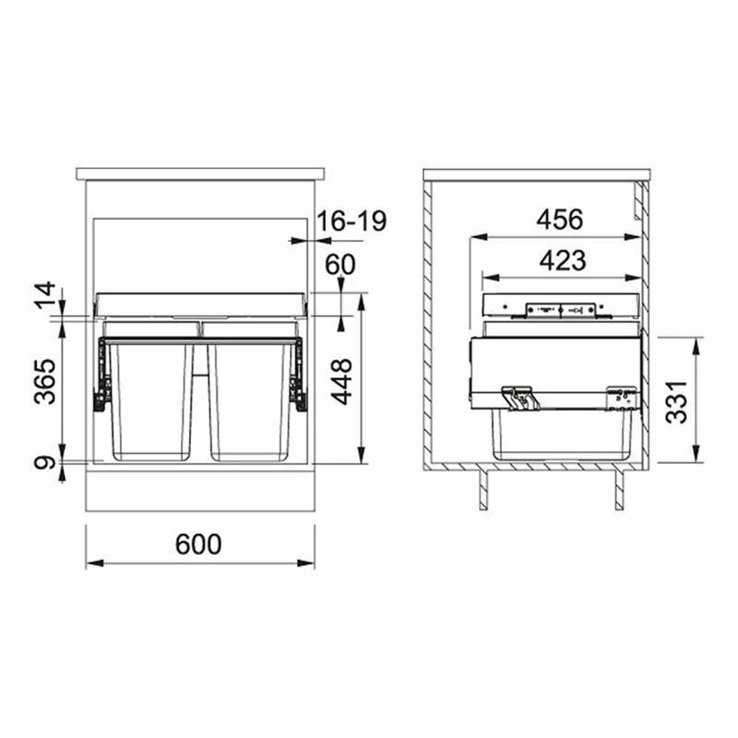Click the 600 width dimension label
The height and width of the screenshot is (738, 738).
pos(198,544)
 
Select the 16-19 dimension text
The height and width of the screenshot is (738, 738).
pos(351,221)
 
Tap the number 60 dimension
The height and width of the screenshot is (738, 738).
pos(339,264)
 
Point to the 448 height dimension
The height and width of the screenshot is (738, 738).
pos(341,382)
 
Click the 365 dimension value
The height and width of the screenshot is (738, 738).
pos(45,382)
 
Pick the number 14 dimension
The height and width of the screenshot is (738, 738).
pos(45,296)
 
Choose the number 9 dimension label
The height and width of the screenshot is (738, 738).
pos(45,463)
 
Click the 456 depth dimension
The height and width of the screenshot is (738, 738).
pos(559,219)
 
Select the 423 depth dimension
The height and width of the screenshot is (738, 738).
pos(562,261)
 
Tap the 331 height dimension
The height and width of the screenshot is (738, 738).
pos(677,402)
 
